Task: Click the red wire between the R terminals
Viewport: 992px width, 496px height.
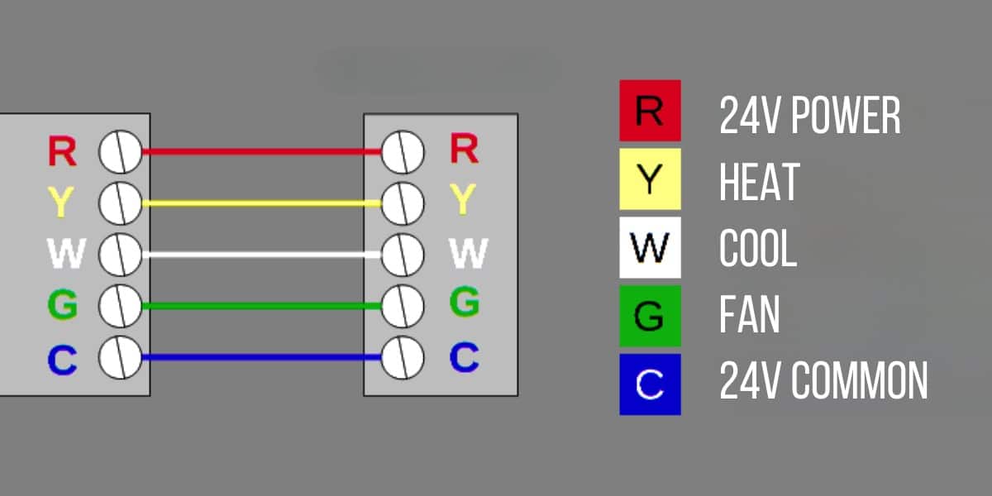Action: pyautogui.click(x=260, y=151)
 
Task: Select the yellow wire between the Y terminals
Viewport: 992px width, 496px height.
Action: pyautogui.click(x=260, y=203)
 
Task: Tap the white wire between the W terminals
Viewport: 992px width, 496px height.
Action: pyautogui.click(x=260, y=255)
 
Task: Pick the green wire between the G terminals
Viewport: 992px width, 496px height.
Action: pyautogui.click(x=260, y=306)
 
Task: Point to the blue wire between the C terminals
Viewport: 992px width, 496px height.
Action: pyautogui.click(x=260, y=358)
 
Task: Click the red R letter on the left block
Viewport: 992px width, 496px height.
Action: pyautogui.click(x=62, y=151)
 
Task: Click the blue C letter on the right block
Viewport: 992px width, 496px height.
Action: pyautogui.click(x=465, y=357)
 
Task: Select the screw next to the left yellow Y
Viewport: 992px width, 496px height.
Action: pyautogui.click(x=120, y=203)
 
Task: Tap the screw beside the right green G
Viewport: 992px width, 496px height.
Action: pyautogui.click(x=403, y=305)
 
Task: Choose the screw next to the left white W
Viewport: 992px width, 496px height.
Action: pyautogui.click(x=120, y=254)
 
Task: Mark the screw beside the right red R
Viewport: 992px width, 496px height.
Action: pyautogui.click(x=403, y=151)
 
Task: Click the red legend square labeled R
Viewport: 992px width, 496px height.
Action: pyautogui.click(x=650, y=110)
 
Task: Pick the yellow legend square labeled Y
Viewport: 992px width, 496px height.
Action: pyautogui.click(x=650, y=179)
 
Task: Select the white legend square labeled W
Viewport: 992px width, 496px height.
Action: pyautogui.click(x=650, y=247)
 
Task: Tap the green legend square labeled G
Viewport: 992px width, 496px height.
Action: pyautogui.click(x=650, y=316)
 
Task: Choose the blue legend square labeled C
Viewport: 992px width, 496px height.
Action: pyautogui.click(x=650, y=384)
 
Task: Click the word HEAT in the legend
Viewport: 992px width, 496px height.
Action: pyautogui.click(x=759, y=182)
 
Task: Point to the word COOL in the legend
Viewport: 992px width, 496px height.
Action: pyautogui.click(x=758, y=249)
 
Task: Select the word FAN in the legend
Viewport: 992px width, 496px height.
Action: pyautogui.click(x=749, y=315)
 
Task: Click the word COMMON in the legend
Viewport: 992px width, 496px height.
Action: pyautogui.click(x=860, y=382)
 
